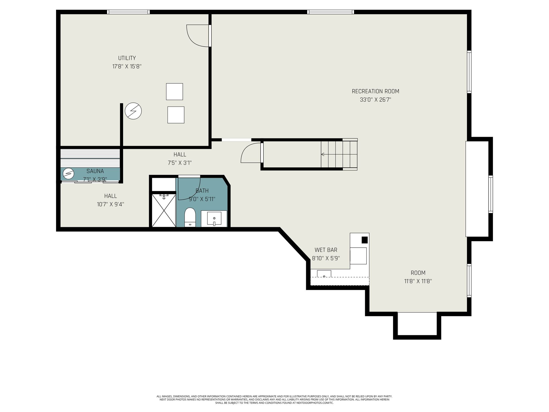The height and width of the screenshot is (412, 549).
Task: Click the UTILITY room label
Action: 127,58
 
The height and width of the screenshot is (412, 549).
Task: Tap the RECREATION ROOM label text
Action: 375,91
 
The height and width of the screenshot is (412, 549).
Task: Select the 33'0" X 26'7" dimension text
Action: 375,100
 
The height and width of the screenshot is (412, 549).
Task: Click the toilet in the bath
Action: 190,217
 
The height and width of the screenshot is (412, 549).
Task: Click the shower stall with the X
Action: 164,211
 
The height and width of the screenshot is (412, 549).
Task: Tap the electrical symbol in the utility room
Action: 133,111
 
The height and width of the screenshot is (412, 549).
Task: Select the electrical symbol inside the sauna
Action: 68,174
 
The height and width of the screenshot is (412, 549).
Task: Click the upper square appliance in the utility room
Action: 175,91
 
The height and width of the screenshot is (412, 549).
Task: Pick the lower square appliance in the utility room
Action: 176,115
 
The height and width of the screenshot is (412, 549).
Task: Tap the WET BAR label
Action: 326,250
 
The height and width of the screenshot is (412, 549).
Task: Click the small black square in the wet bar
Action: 365,240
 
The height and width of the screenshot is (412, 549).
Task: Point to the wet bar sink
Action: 324,274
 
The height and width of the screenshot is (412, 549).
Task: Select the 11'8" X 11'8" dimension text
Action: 418,281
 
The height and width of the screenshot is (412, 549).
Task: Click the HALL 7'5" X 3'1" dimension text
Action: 180,163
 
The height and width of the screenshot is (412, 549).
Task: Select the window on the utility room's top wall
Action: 128,12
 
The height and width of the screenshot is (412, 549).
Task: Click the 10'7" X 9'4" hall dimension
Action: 110,204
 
